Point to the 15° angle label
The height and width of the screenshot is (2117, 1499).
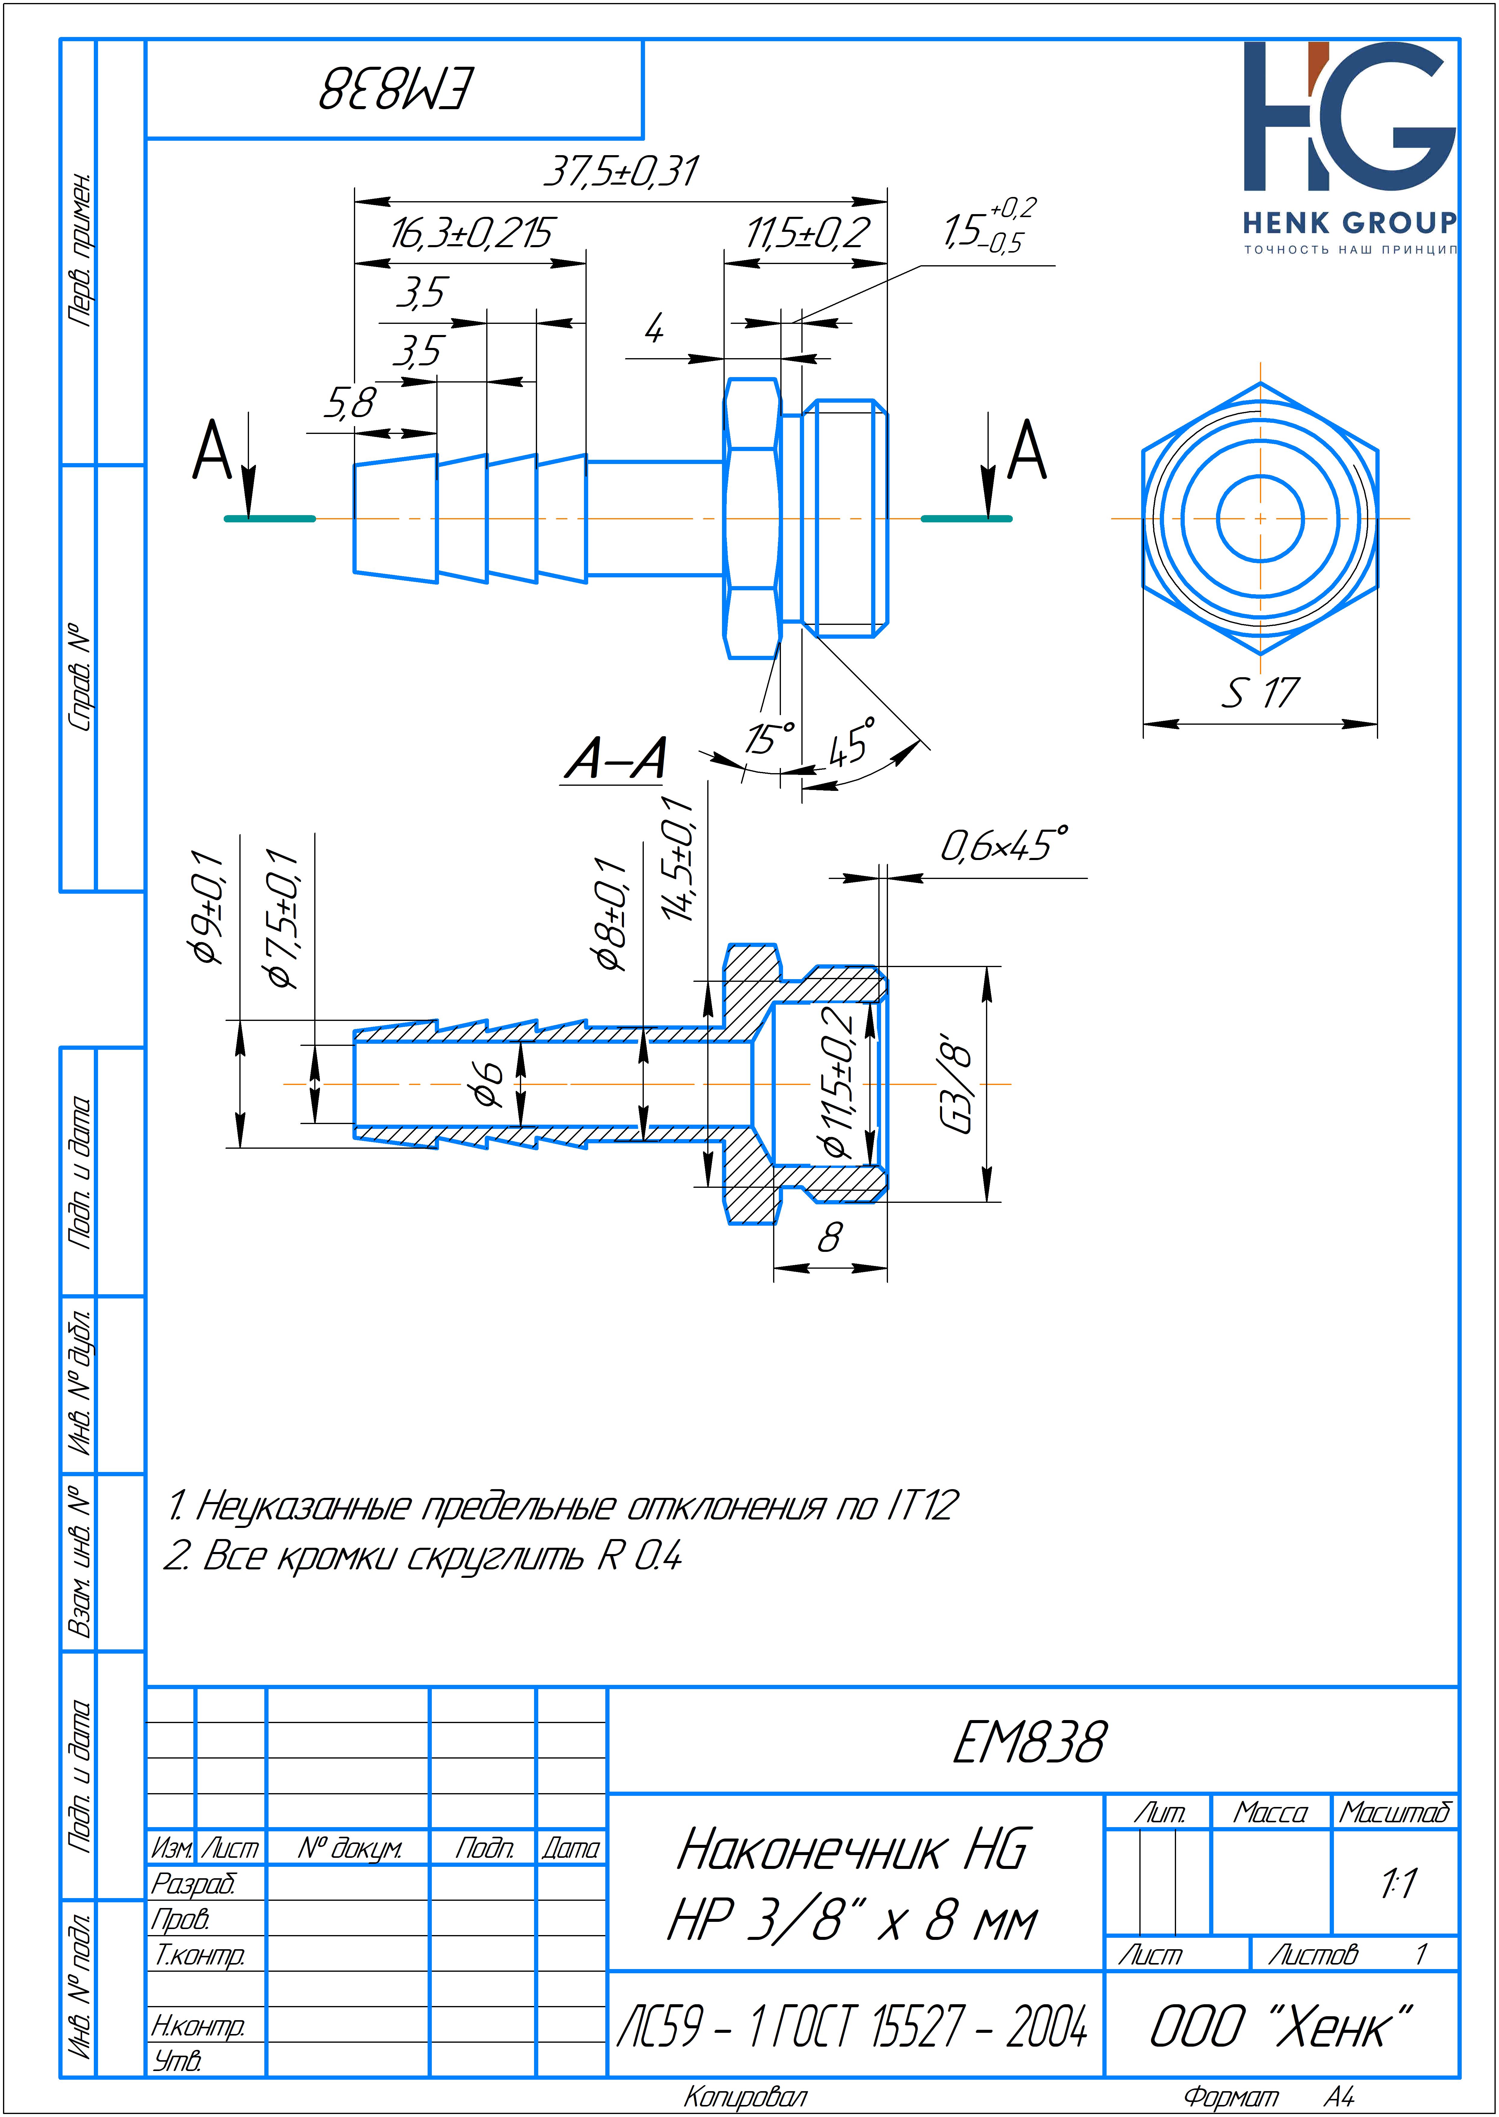pos(770,738)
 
